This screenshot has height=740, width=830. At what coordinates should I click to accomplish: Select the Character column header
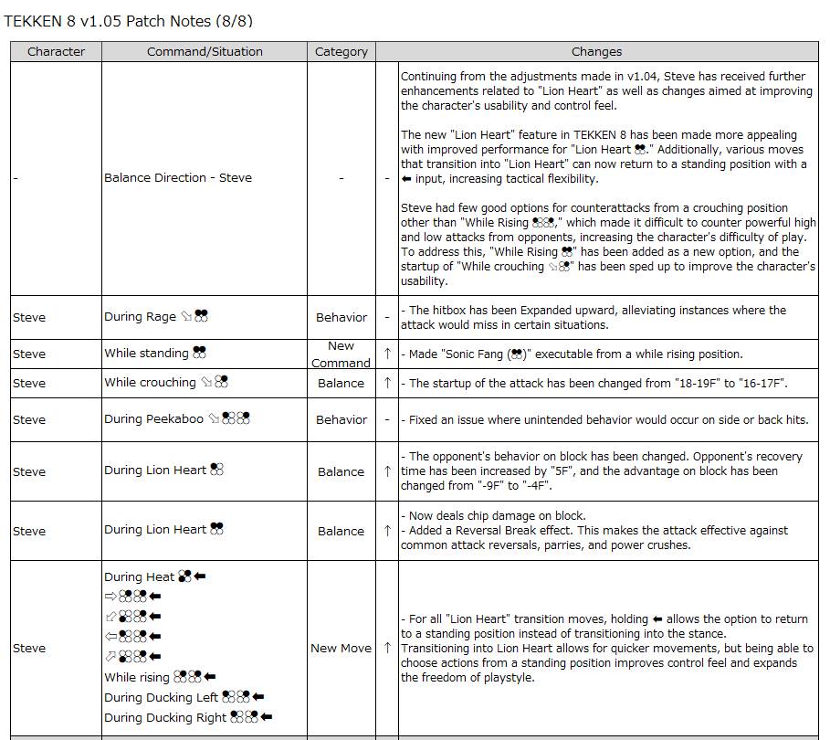coord(56,52)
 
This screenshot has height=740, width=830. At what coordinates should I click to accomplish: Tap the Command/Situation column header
coord(205,52)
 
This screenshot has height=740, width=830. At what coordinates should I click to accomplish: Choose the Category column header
coord(341,52)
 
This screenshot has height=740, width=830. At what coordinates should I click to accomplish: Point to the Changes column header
coord(596,52)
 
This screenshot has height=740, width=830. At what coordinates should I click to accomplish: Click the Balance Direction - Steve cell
coord(177,178)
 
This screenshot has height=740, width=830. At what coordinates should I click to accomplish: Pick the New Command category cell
coord(341,354)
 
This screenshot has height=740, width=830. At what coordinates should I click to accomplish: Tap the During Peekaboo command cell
coord(177,419)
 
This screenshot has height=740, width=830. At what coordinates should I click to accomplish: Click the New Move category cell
coord(341,648)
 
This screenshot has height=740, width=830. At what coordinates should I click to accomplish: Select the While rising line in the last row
coord(160,677)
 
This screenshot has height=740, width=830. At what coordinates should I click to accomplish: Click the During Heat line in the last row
coord(154,576)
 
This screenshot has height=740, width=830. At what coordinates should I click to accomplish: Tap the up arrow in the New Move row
coord(387,648)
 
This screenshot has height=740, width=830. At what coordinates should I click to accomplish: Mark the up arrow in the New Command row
coord(387,354)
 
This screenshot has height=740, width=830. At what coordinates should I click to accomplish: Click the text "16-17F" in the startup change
coord(760,383)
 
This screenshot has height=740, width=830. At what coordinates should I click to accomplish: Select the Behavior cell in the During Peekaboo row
coord(341,419)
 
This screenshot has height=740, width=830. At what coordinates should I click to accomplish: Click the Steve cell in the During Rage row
coord(29,317)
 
